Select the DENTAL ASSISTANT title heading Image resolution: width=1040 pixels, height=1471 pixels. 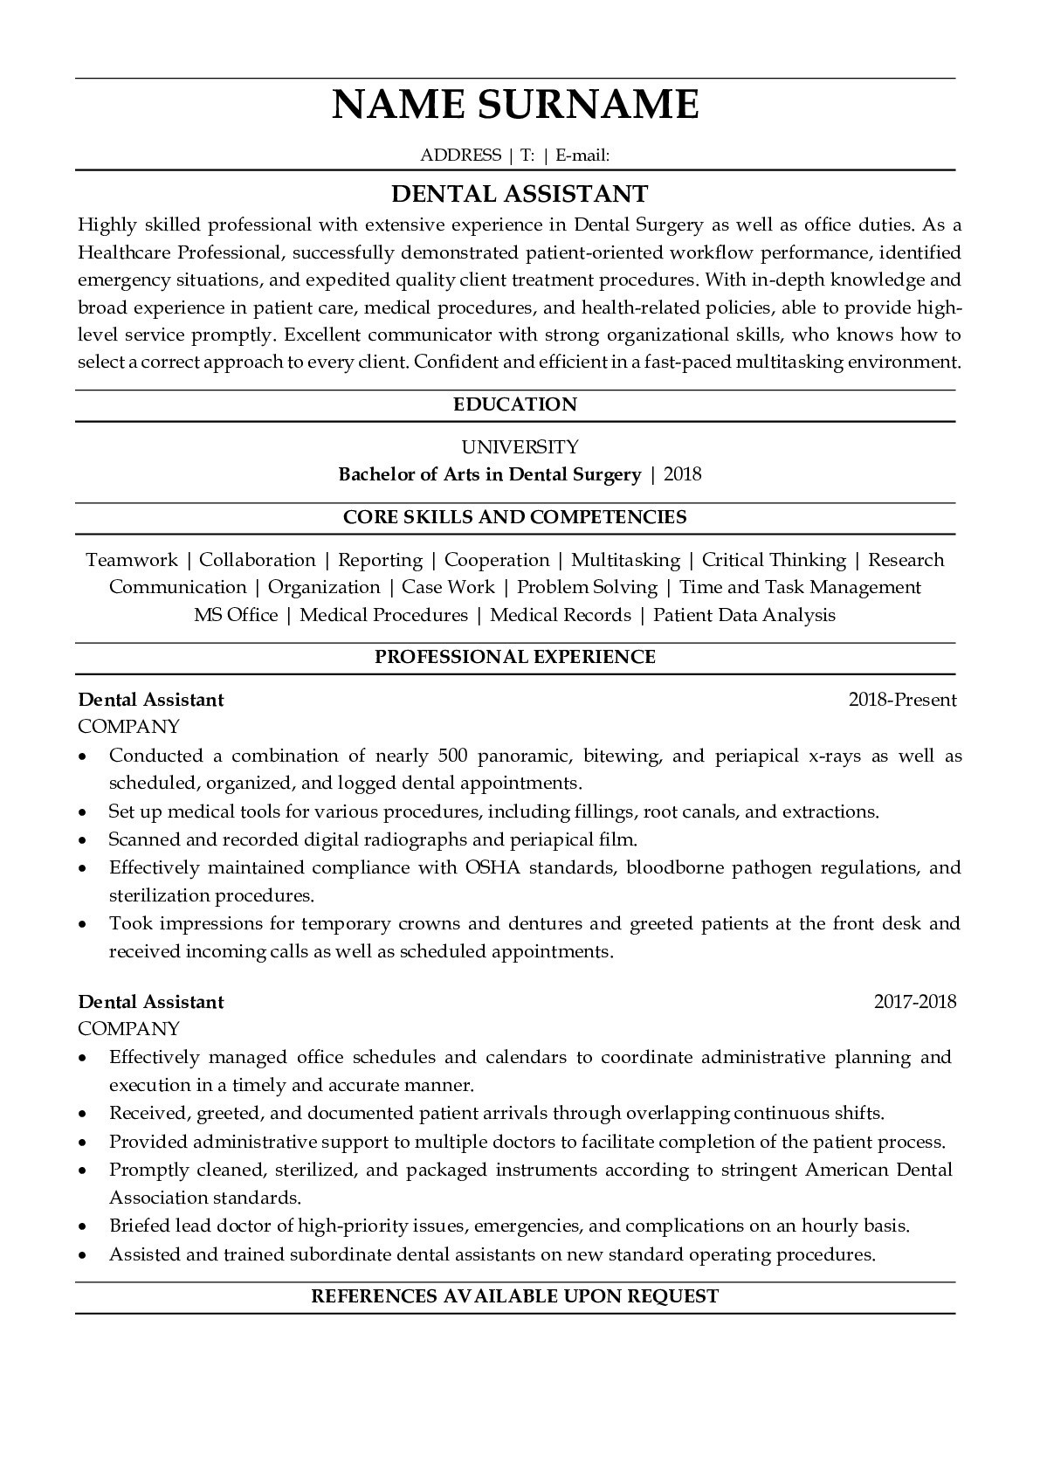pos(519,193)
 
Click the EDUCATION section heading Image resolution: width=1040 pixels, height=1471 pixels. pos(515,404)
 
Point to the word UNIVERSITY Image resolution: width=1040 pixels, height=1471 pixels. pos(520,447)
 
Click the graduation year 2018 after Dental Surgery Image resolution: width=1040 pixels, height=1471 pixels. pos(683,474)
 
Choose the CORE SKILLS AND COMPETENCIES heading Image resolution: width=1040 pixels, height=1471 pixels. pos(515,517)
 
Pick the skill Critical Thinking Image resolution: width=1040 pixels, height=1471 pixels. pos(774,560)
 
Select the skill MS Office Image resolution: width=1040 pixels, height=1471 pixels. pos(236,615)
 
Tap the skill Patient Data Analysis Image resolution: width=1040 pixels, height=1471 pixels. pos(744,615)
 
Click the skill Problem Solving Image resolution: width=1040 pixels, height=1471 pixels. pos(587,587)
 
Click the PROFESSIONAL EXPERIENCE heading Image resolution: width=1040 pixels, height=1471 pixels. pos(515,657)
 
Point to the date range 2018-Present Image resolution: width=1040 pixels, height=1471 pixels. pos(902,700)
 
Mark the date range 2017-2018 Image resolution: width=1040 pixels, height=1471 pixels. pos(915,1002)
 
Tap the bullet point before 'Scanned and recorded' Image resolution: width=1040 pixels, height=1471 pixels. pos(82,840)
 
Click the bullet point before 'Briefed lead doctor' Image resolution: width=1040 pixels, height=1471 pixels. pos(82,1226)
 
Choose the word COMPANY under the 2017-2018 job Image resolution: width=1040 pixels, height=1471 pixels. pos(128,1029)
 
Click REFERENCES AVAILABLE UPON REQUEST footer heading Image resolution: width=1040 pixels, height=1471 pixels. pos(515,1296)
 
